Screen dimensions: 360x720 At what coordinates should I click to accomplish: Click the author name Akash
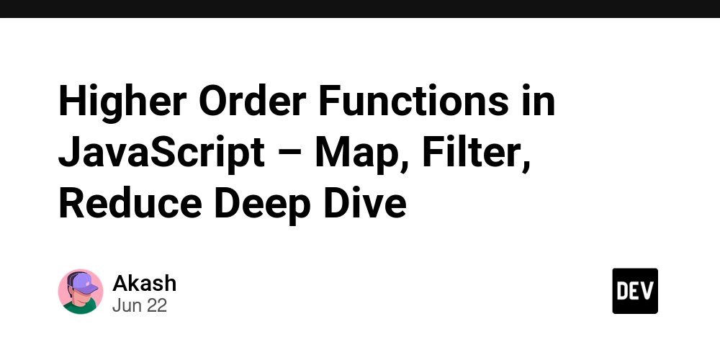(144, 283)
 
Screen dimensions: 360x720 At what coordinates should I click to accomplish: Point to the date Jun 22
(139, 305)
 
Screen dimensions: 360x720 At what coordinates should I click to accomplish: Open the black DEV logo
(635, 291)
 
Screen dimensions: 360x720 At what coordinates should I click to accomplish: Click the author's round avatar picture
(80, 292)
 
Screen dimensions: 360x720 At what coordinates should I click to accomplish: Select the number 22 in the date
(156, 305)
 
